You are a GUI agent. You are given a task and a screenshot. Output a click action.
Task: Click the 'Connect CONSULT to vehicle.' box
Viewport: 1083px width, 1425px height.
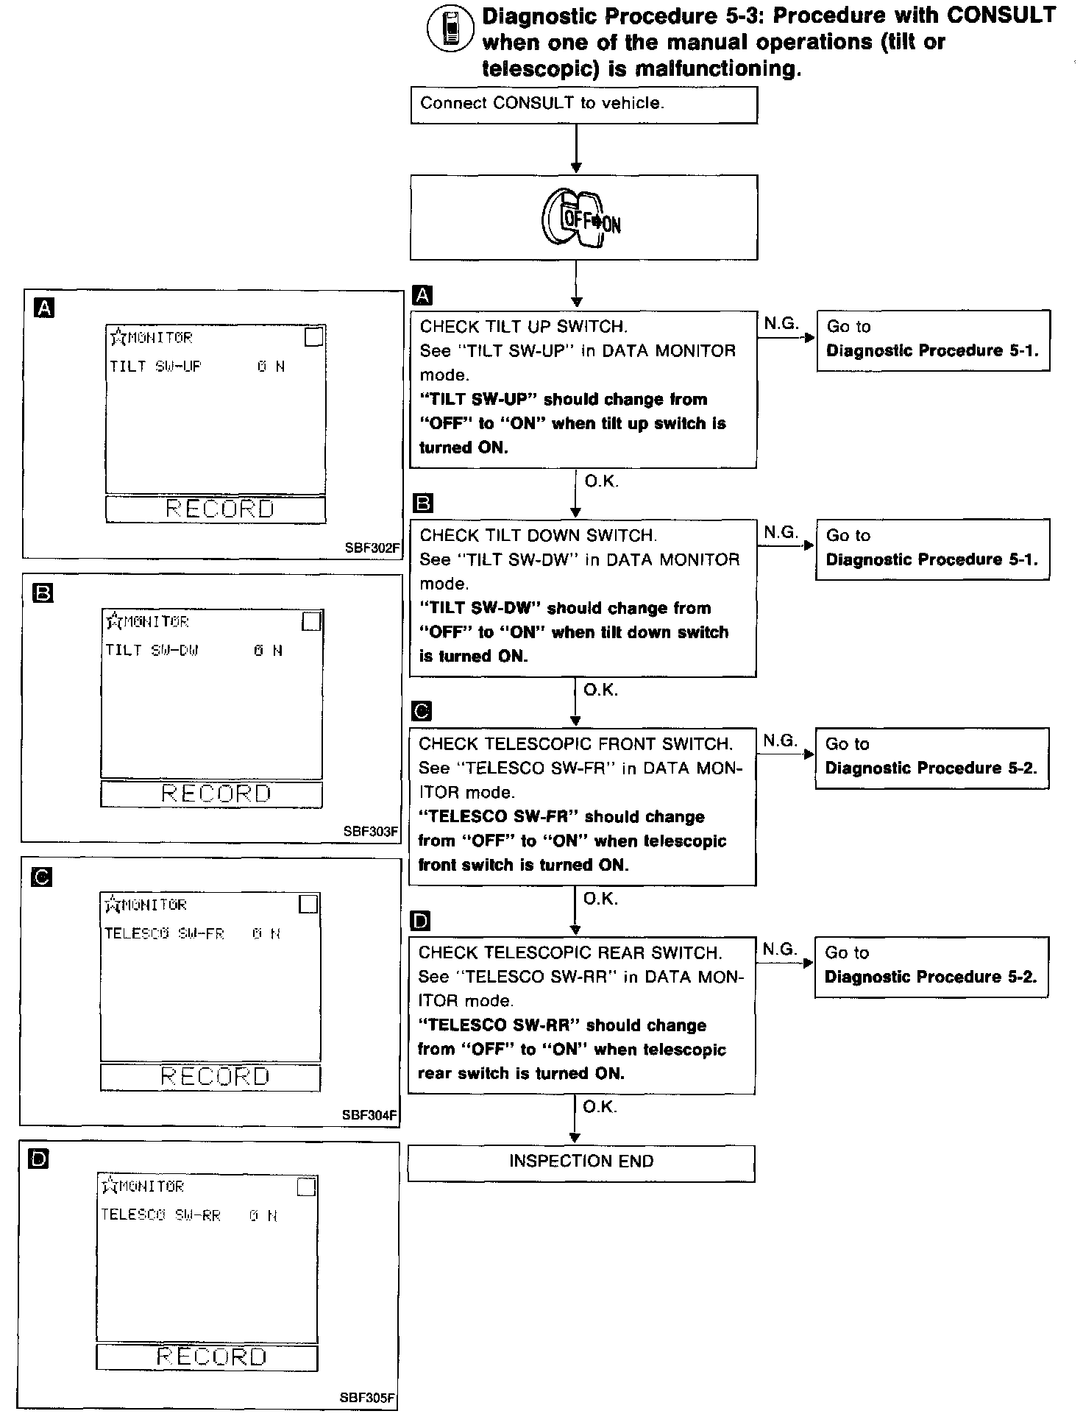(x=583, y=105)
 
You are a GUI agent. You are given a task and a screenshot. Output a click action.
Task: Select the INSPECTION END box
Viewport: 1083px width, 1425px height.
(x=581, y=1161)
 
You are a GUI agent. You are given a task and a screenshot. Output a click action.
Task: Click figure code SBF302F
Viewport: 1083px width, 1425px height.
(x=372, y=548)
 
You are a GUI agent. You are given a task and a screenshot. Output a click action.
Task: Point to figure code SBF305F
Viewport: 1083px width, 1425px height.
(x=368, y=1398)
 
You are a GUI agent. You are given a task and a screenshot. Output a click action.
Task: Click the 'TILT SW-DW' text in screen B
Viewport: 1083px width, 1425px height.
(x=152, y=651)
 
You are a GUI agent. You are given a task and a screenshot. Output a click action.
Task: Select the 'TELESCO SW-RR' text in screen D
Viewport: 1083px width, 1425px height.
(x=161, y=1215)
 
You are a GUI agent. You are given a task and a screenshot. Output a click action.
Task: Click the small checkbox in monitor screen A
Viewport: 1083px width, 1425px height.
(x=314, y=337)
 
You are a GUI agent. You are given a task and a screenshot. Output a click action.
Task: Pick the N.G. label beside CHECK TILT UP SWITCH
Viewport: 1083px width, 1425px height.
(x=781, y=323)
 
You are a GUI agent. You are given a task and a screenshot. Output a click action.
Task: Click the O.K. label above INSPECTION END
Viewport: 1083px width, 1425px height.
(x=600, y=1107)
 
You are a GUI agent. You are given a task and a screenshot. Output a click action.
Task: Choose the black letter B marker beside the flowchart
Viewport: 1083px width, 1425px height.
(x=424, y=503)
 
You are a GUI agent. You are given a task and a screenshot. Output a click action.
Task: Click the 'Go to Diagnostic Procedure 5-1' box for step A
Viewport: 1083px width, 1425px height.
(x=932, y=339)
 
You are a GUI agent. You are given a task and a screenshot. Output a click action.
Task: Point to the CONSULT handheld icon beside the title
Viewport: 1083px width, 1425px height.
(x=450, y=29)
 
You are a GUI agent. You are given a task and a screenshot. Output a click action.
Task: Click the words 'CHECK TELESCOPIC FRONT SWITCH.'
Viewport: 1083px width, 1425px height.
(x=575, y=744)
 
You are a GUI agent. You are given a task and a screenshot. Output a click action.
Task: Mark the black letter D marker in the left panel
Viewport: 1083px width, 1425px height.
(x=38, y=1160)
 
